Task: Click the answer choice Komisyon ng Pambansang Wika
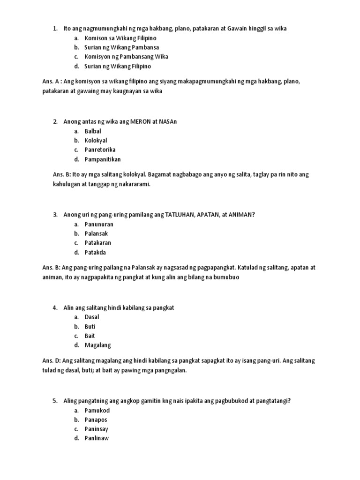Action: [x=126, y=57]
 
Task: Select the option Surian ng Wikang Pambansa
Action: [x=121, y=47]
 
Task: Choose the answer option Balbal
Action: [x=93, y=131]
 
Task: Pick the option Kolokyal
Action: [x=96, y=141]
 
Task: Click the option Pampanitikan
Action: [x=103, y=159]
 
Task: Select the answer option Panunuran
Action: [x=99, y=225]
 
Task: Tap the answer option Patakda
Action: [x=95, y=253]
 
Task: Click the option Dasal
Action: [x=92, y=317]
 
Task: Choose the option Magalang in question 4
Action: [x=98, y=345]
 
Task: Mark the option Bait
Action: [x=90, y=336]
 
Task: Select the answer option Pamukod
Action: [x=97, y=411]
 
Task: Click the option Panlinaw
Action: [x=97, y=439]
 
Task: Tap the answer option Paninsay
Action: [x=97, y=429]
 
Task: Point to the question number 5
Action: [x=55, y=401]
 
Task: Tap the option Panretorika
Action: [x=100, y=150]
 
